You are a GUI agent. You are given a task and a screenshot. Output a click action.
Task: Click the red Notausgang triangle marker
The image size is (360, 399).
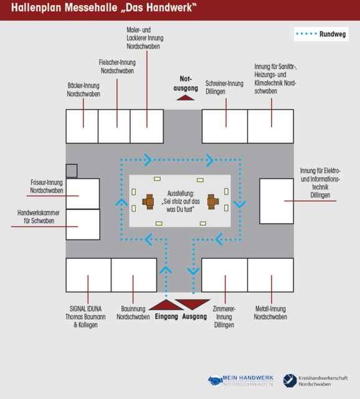(x=186, y=97)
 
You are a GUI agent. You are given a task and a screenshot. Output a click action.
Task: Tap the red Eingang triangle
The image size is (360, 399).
(x=166, y=305)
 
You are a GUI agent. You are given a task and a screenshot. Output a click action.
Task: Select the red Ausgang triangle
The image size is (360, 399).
(x=192, y=304)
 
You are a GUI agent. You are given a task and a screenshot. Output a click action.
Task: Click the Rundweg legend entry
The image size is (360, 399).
(x=321, y=34)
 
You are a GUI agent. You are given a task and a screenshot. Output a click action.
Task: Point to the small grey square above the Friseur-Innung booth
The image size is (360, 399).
(x=72, y=170)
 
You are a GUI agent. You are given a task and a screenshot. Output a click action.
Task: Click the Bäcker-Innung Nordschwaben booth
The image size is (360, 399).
(x=82, y=126)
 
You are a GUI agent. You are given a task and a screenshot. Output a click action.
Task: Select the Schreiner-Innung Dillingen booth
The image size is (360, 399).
(x=225, y=126)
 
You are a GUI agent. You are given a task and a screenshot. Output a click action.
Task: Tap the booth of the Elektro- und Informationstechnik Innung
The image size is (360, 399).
(x=277, y=201)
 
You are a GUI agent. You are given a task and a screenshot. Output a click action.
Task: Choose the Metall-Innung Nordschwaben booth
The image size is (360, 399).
(x=270, y=275)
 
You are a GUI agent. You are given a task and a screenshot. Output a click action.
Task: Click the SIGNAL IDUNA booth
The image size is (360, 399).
(x=88, y=275)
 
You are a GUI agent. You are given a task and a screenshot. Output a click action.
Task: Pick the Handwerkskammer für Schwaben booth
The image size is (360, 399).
(x=83, y=224)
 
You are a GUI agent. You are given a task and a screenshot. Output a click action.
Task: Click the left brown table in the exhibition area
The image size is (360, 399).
(x=148, y=201)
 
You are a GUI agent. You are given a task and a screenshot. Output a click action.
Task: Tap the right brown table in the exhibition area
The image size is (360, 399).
(x=213, y=201)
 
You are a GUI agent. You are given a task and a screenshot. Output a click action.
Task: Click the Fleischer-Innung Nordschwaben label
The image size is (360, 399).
(x=117, y=67)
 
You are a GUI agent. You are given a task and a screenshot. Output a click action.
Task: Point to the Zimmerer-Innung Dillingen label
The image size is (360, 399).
(x=224, y=317)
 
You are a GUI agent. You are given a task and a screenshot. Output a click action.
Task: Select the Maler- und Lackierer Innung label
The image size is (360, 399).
(x=145, y=38)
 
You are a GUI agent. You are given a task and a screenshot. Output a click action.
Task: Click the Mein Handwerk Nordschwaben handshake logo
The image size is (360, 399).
(x=216, y=381)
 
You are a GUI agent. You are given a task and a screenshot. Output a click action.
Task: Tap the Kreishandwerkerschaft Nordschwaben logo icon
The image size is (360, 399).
(x=290, y=381)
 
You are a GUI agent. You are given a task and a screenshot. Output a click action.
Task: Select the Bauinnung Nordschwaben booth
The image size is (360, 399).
(x=134, y=275)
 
